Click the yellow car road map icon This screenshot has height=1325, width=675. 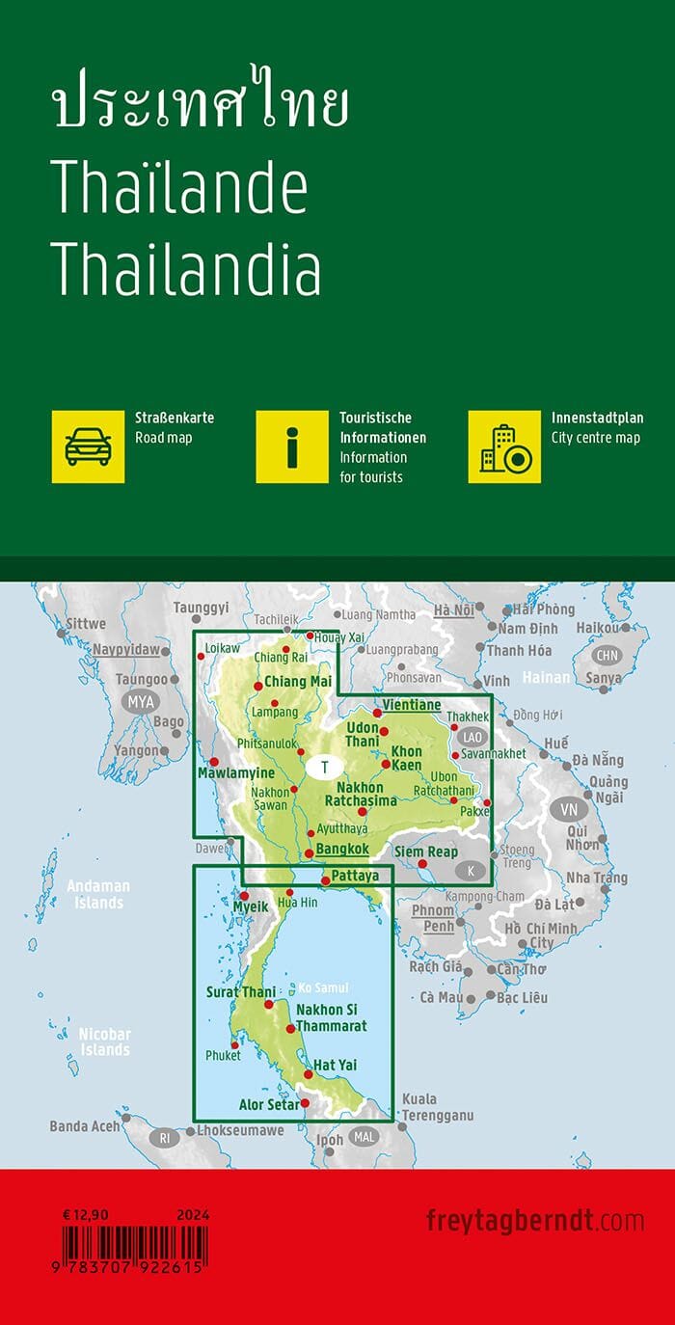click(88, 446)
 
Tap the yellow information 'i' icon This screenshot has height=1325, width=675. click(292, 446)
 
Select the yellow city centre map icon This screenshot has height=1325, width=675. click(504, 446)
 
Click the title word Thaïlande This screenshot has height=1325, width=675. click(179, 190)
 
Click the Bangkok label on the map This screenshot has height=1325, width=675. click(341, 849)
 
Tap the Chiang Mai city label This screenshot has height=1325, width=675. click(298, 682)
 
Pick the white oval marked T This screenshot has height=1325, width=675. click(326, 768)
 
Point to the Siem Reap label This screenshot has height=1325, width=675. click(426, 852)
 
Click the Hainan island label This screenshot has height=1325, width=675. click(546, 678)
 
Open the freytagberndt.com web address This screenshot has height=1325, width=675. click(534, 1221)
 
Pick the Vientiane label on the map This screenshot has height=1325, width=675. click(412, 705)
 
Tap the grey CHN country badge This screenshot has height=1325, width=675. click(607, 656)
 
